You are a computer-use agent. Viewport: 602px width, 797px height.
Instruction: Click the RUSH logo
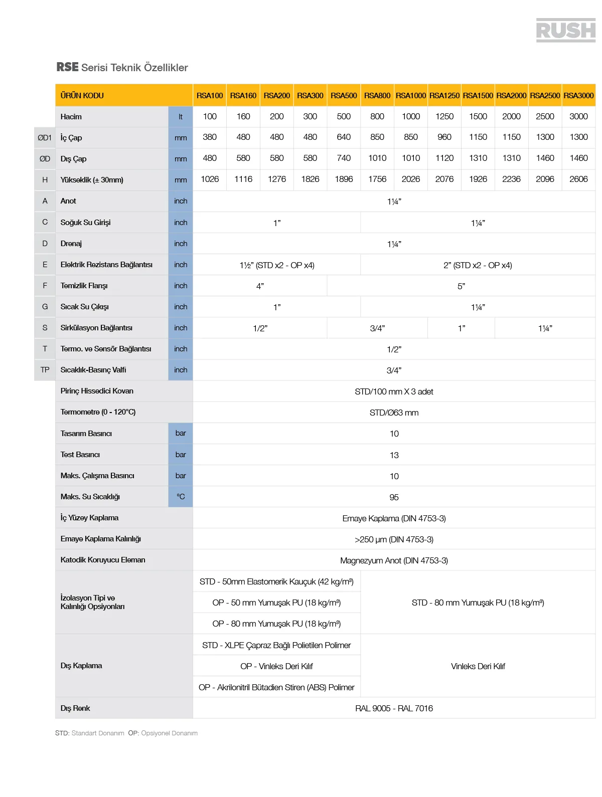tap(565, 30)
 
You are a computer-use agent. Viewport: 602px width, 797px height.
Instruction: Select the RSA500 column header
tap(344, 95)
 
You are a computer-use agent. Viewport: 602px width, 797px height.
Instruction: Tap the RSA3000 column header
tap(578, 95)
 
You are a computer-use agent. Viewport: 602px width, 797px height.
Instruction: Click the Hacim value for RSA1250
tap(444, 116)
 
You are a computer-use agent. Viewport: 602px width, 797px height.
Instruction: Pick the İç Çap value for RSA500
tap(344, 137)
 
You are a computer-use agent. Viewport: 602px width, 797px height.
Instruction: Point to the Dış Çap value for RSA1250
tap(444, 158)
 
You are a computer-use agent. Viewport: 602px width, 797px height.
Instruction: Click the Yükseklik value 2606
tap(578, 179)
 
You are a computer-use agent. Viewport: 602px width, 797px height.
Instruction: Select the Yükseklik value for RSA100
tap(210, 179)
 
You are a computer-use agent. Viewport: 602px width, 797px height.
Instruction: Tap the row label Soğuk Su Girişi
tap(85, 222)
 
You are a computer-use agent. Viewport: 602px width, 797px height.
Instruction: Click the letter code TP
tap(45, 369)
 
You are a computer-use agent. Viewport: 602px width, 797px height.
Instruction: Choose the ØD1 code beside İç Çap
tap(45, 137)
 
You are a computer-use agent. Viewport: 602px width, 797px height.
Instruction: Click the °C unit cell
tap(181, 496)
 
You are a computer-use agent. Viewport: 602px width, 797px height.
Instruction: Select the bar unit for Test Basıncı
tap(181, 454)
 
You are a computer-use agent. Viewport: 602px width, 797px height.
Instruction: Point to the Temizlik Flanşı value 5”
tap(461, 286)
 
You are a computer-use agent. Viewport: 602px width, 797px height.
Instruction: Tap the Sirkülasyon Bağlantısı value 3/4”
tap(377, 328)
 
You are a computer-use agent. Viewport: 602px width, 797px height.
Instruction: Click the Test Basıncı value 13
tap(394, 455)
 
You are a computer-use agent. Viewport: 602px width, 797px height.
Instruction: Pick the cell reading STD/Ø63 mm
tap(394, 413)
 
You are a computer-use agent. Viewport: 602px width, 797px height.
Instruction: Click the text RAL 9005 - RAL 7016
tap(394, 708)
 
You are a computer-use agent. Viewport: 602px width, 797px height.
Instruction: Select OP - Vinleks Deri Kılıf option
tap(276, 666)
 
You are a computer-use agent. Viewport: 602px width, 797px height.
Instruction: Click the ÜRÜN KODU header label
tap(82, 95)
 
